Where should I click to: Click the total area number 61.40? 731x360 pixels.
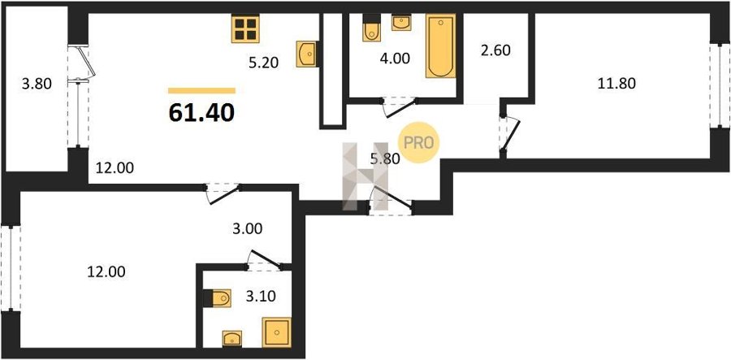(201, 113)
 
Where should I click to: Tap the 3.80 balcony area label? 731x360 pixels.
(37, 85)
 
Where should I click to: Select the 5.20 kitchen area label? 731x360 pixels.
(263, 62)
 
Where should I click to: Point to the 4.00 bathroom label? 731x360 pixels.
(395, 59)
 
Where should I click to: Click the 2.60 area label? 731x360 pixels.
(495, 50)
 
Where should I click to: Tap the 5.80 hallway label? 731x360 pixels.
(385, 159)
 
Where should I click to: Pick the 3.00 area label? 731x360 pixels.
(248, 229)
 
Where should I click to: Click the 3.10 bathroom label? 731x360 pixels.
(261, 296)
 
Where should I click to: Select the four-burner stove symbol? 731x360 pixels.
(245, 29)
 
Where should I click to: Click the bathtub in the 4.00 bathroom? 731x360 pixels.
(440, 46)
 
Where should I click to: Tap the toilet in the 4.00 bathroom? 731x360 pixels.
(371, 28)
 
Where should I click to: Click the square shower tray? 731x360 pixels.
(276, 332)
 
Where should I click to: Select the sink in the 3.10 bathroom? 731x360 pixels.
(232, 339)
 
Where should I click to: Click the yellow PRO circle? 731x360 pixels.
(418, 144)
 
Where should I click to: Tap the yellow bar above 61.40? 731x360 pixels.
(202, 90)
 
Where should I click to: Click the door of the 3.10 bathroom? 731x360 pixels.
(265, 261)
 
